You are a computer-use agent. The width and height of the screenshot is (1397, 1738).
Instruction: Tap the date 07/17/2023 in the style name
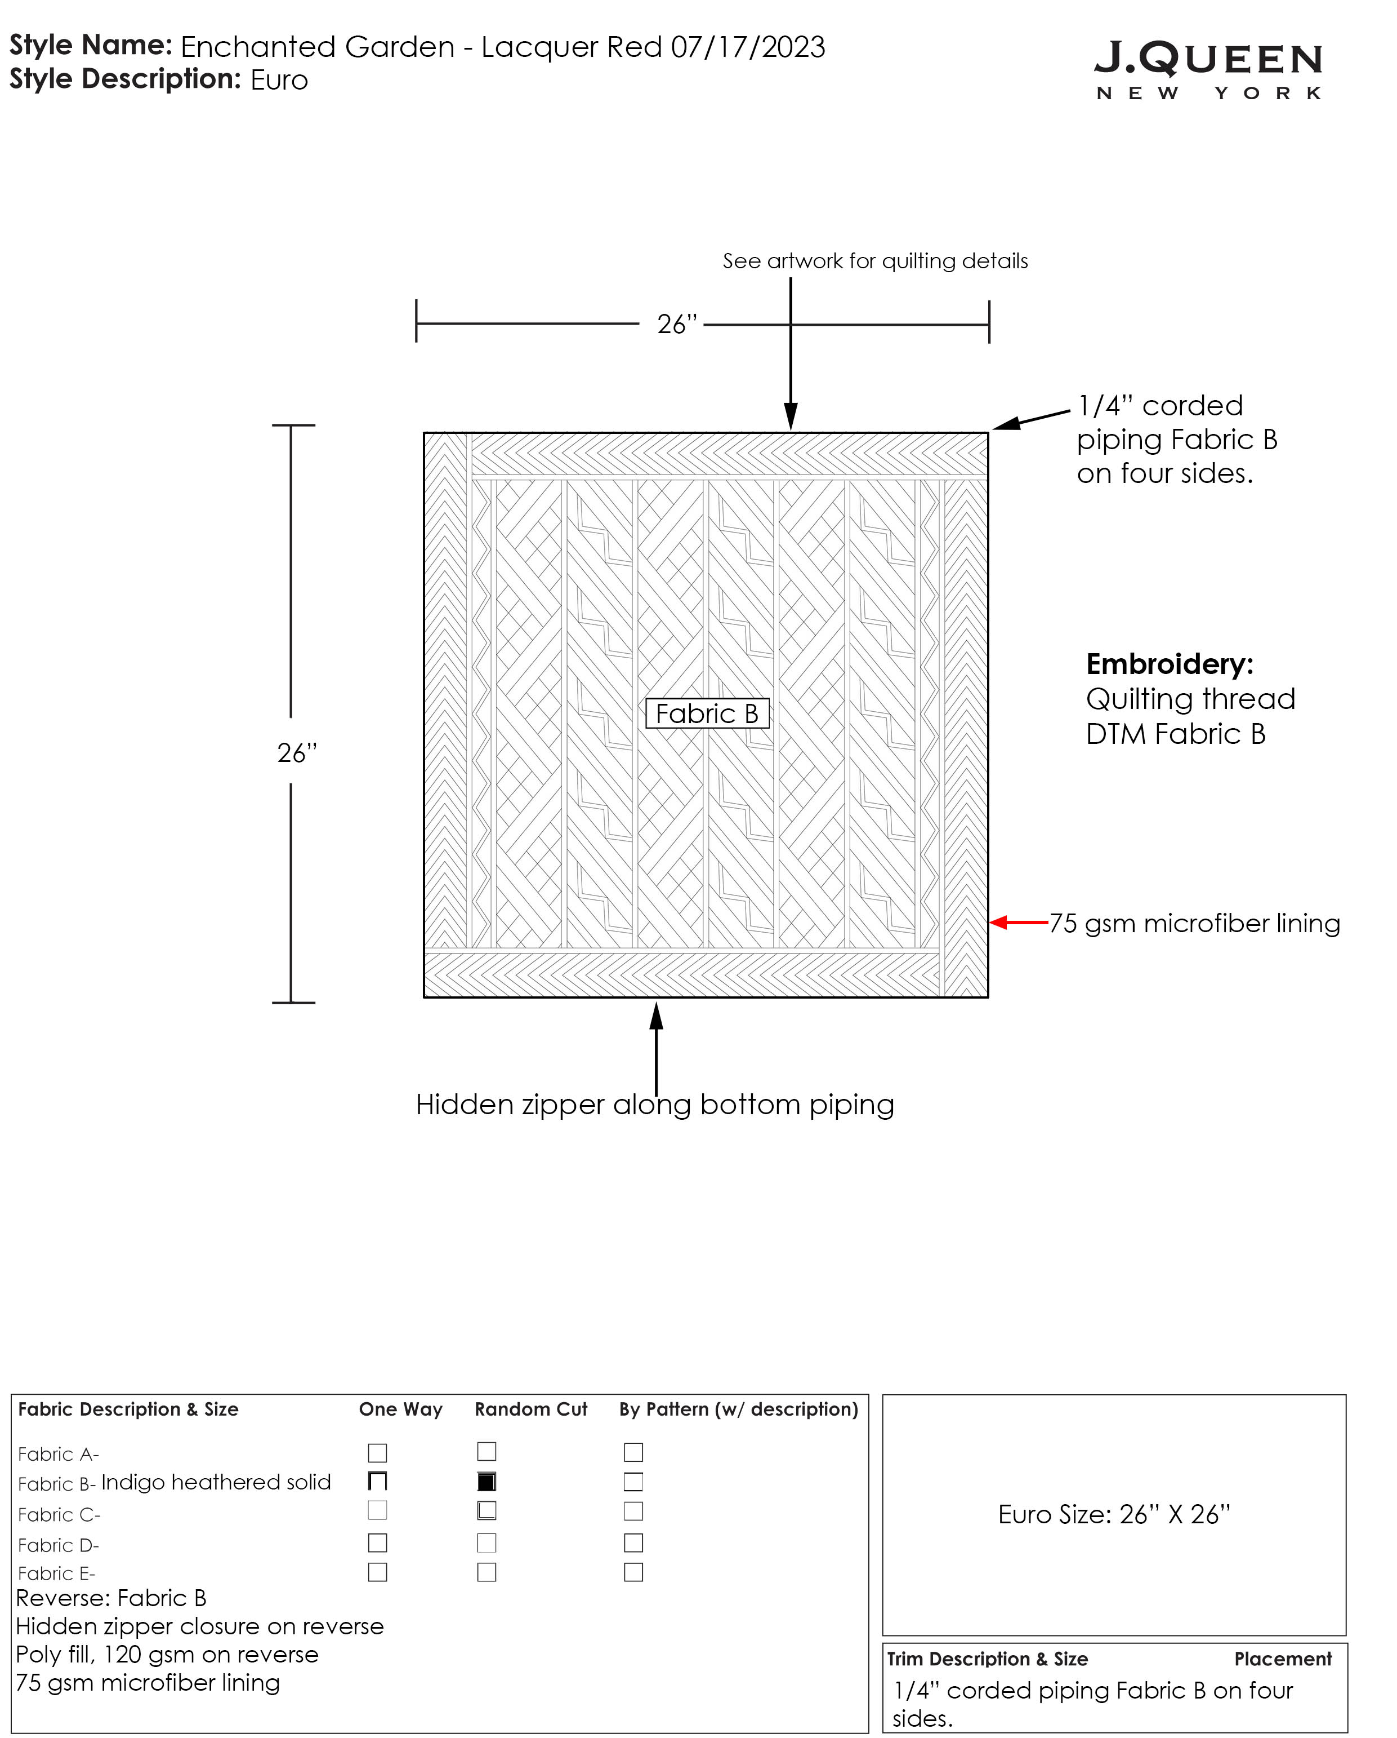tap(748, 47)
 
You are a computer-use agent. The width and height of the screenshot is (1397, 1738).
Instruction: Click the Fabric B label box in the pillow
tap(707, 713)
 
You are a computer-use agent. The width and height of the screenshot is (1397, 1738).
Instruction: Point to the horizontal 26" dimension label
tap(677, 324)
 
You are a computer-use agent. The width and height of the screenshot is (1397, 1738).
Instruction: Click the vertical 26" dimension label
tap(297, 753)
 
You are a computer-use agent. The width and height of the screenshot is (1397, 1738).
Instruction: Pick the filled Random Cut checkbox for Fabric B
tap(487, 1481)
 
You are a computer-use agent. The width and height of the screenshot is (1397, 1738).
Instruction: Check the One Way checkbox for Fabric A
tap(377, 1453)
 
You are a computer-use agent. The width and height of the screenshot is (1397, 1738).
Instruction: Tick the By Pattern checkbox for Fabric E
tap(633, 1572)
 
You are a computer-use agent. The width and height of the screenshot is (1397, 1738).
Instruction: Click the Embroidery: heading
tap(1169, 664)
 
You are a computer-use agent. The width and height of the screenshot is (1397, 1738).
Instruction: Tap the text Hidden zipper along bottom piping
tap(654, 1105)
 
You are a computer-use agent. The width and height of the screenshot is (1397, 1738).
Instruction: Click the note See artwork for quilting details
tap(875, 261)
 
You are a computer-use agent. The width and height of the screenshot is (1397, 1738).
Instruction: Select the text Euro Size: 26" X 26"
tap(1113, 1515)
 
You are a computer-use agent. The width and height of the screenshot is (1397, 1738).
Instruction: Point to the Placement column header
tap(1283, 1659)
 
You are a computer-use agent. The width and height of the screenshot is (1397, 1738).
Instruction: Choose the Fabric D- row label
tap(58, 1545)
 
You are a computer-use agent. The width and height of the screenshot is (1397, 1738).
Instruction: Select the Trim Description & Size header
tap(987, 1659)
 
